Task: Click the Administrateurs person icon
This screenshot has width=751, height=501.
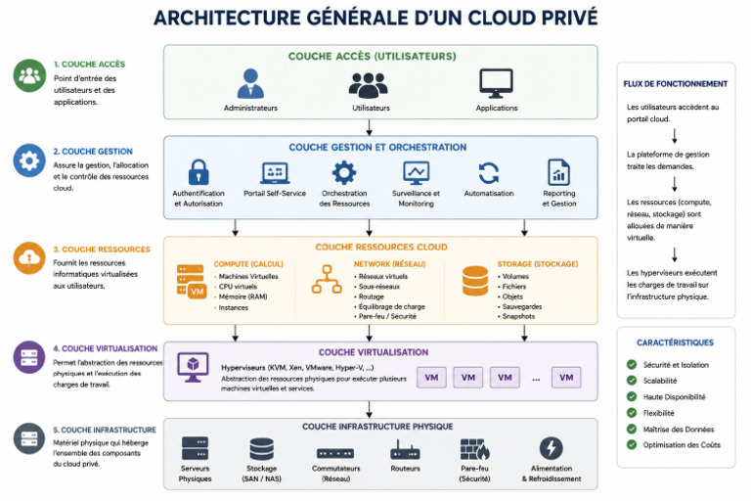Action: pos(250,83)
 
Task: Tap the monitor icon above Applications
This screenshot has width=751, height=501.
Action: pos(496,83)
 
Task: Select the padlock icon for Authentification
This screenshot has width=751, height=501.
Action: pos(199,172)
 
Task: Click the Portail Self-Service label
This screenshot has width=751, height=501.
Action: pos(275,193)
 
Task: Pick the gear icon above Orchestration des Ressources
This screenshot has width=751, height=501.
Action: pos(344,172)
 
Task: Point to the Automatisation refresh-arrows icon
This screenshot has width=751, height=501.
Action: pos(489,173)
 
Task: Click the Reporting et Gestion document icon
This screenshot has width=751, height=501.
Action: pos(559,172)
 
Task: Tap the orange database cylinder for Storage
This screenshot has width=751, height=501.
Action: pos(475,281)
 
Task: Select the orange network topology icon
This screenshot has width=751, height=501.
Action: pos(327,279)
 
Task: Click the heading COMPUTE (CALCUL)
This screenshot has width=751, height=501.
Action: pos(248,264)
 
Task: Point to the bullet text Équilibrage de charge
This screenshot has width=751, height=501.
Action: pos(392,306)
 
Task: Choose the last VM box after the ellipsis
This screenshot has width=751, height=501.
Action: pos(566,378)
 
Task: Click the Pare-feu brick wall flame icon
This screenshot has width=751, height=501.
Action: pos(474,449)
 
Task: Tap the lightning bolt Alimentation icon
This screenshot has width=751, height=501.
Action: pos(552,448)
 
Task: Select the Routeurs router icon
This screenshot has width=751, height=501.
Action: pos(405,450)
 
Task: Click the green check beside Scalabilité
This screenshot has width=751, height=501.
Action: pos(632,381)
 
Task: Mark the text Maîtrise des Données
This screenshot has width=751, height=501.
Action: pos(679,430)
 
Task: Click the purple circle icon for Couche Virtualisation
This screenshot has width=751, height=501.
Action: pos(29,357)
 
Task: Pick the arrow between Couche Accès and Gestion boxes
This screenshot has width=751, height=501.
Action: pos(370,127)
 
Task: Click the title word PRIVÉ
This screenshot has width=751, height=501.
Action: pos(570,18)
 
